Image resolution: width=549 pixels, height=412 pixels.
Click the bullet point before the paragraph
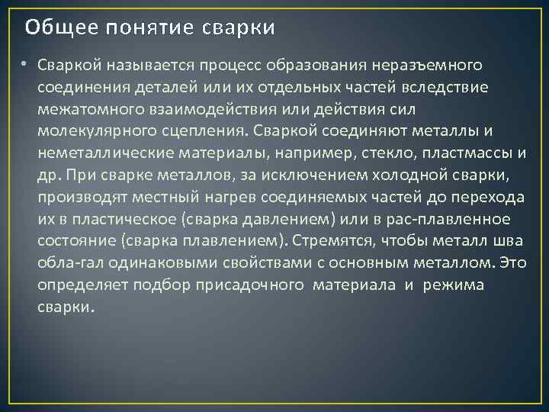pyautogui.click(x=25, y=63)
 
